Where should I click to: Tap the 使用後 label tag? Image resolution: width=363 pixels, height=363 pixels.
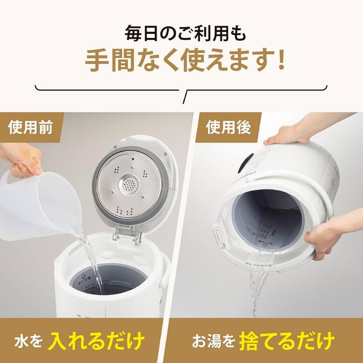pyautogui.click(x=228, y=128)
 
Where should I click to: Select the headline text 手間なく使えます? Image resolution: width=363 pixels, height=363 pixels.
pyautogui.click(x=182, y=61)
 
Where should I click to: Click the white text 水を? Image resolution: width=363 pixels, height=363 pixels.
pyautogui.click(x=28, y=341)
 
